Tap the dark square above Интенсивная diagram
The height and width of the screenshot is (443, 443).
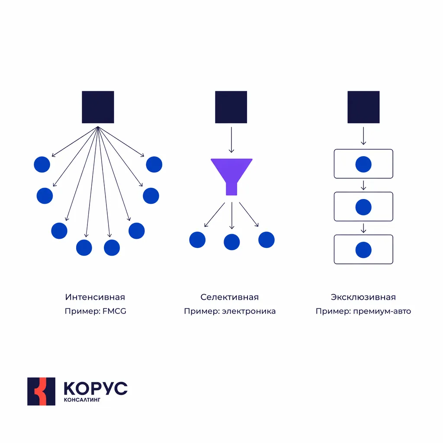tap(98, 107)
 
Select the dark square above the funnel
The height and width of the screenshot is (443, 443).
tap(231, 107)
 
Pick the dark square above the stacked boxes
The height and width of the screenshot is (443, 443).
tap(363, 107)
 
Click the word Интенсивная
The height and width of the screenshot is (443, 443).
tap(95, 297)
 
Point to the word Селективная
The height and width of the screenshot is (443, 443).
tap(230, 297)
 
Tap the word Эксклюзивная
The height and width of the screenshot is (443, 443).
tap(363, 297)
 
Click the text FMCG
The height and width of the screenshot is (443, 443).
tap(114, 311)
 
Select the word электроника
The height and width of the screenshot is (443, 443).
tap(249, 311)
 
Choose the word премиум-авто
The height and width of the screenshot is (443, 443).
tap(382, 311)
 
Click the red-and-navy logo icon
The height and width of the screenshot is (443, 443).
tap(41, 391)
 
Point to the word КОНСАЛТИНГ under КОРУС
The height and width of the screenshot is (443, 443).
tap(82, 400)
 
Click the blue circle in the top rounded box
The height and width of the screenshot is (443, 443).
tap(363, 164)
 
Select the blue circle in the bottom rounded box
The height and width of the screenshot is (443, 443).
tap(363, 250)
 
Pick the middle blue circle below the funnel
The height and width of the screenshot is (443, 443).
tap(232, 242)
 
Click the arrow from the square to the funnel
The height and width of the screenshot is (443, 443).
tap(231, 140)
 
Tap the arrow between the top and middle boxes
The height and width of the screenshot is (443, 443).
tap(363, 185)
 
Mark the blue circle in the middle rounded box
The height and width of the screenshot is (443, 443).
tap(363, 207)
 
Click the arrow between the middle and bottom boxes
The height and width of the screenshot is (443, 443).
tap(363, 228)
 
